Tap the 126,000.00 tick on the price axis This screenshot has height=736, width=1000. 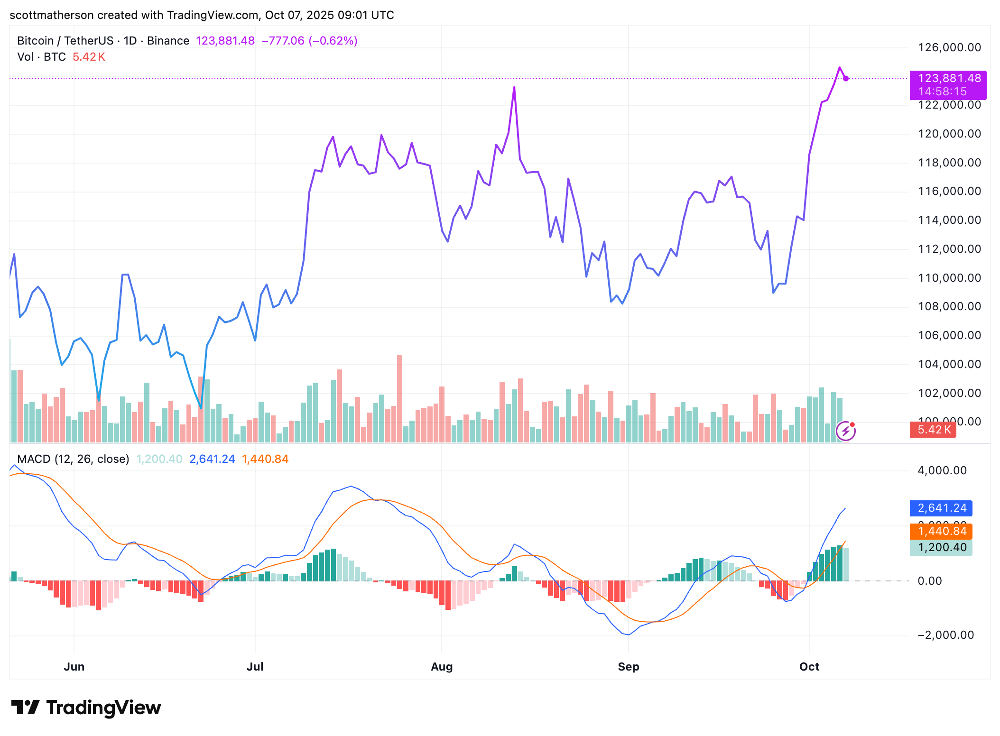949,47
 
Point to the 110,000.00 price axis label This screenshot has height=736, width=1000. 949,278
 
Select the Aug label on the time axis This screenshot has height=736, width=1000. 441,666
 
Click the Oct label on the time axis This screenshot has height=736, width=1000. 809,666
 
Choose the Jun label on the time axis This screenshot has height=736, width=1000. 74,666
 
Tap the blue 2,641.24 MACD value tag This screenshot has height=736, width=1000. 941,508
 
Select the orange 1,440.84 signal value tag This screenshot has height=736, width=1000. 941,531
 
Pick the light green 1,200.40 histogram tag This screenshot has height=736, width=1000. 941,547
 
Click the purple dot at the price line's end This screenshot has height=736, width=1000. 846,79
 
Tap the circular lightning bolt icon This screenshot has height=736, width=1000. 845,431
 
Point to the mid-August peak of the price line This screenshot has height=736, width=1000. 514,87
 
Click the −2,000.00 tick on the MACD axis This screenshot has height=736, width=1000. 945,635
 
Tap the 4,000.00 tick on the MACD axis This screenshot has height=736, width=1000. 942,470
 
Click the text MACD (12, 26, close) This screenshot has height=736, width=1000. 73,459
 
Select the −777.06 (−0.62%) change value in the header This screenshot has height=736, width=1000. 309,41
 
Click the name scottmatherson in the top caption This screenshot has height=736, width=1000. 51,15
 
